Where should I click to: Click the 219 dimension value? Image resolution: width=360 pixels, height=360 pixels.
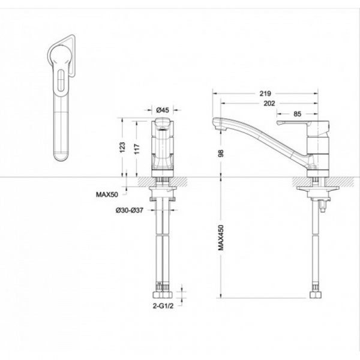(x=265, y=94)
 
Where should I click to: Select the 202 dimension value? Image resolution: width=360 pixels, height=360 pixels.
(x=269, y=104)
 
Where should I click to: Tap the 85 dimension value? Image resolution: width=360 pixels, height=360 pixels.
(x=297, y=114)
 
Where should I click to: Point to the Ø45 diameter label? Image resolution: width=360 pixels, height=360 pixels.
(x=163, y=110)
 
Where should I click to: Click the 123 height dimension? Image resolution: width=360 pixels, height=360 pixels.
(x=122, y=147)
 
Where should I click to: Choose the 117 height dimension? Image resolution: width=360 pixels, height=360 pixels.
(x=137, y=149)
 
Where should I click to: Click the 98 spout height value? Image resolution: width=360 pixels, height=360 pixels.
(x=221, y=153)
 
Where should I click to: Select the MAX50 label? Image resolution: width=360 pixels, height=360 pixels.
(x=107, y=194)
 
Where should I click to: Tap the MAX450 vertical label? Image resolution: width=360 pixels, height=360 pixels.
(x=221, y=238)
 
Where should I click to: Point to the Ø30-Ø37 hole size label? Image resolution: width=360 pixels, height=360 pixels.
(x=130, y=210)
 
